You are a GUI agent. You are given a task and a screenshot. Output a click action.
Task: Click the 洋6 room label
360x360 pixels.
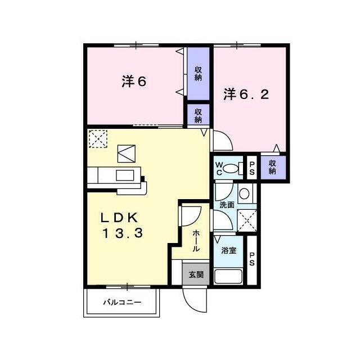click(x=134, y=82)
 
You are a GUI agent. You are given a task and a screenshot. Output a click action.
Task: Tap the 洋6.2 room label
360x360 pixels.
click(x=246, y=94)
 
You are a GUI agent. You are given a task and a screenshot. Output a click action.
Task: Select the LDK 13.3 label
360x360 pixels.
click(x=122, y=226)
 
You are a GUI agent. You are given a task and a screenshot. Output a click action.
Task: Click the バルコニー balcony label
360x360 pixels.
click(x=122, y=302)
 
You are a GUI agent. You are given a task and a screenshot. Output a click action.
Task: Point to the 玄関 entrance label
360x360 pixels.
click(x=196, y=274)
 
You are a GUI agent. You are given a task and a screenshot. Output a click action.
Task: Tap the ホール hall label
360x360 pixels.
click(x=196, y=240)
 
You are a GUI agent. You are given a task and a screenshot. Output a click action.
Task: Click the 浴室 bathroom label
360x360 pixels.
click(x=229, y=250)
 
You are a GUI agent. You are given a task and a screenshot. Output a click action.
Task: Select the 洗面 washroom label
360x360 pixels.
click(x=227, y=205)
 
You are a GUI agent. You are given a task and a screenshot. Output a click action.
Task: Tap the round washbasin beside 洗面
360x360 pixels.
click(x=244, y=193)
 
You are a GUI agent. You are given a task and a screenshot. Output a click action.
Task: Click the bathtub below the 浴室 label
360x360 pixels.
click(x=228, y=277)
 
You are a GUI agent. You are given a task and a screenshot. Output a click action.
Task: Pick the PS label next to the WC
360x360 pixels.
click(x=252, y=169)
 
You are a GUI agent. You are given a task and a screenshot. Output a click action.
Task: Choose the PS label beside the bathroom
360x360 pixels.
click(x=252, y=259)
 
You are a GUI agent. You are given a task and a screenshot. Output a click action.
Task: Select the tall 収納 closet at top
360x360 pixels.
click(x=198, y=74)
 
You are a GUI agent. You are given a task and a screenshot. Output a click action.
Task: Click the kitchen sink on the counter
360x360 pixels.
click(x=125, y=175)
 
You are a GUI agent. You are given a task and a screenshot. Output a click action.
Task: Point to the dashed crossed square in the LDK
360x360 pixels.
click(x=98, y=139)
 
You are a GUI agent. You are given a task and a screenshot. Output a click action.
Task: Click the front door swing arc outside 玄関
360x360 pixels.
click(x=192, y=303)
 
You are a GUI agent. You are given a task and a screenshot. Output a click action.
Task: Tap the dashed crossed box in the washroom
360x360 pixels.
click(x=246, y=220)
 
